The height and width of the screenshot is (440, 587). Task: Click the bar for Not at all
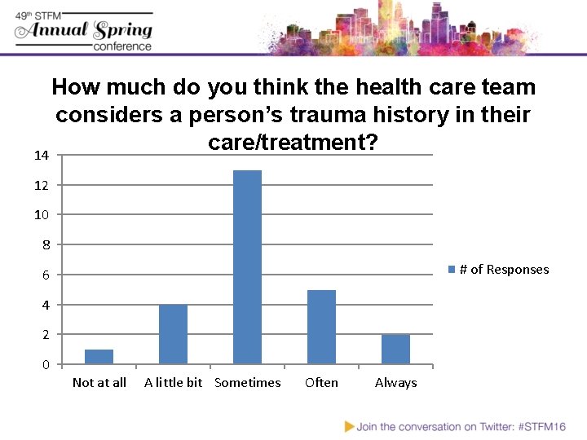coord(99,357)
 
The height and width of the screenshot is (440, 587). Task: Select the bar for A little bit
coord(173,334)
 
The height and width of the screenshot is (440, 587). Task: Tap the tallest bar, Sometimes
coord(247,267)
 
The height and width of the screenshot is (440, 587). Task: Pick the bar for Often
coord(321,327)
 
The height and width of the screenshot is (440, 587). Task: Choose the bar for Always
coord(395,349)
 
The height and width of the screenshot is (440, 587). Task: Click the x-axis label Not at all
coord(99,383)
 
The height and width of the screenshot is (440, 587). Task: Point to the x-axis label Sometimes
coord(247,383)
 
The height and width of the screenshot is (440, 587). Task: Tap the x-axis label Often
coord(321,383)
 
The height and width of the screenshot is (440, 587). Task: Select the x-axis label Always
coord(395,383)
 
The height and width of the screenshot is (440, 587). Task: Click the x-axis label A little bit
coord(173,383)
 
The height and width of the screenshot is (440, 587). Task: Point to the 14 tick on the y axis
coord(42,155)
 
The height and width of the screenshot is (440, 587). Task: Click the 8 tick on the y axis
coord(46,244)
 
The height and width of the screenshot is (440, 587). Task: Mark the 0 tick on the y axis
coord(46,364)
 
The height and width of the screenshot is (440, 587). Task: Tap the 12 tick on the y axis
coord(42,185)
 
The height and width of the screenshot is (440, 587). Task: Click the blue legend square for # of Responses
coord(452,270)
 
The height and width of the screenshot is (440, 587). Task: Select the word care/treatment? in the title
coord(293,143)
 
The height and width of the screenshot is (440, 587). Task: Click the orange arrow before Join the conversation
coord(349,426)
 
